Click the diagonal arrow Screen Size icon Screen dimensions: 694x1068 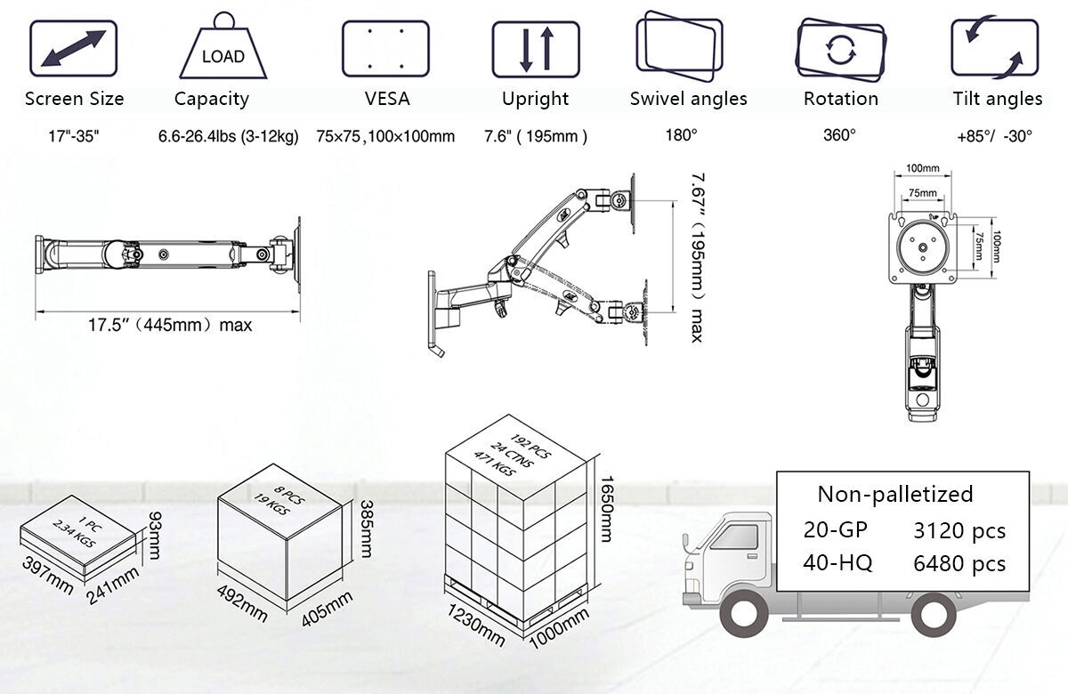click(x=74, y=50)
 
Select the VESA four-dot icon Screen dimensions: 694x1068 click(x=386, y=50)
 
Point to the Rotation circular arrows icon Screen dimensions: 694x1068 click(x=840, y=49)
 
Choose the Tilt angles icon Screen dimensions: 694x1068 click(x=995, y=48)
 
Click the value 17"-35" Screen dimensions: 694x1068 click(x=74, y=136)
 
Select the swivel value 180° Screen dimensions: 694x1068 click(x=682, y=135)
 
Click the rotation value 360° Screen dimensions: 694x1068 click(x=840, y=135)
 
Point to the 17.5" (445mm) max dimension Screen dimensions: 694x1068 click(x=169, y=325)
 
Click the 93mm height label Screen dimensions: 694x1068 click(x=155, y=531)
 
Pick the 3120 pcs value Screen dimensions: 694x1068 click(x=959, y=531)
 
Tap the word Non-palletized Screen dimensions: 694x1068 click(x=895, y=494)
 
